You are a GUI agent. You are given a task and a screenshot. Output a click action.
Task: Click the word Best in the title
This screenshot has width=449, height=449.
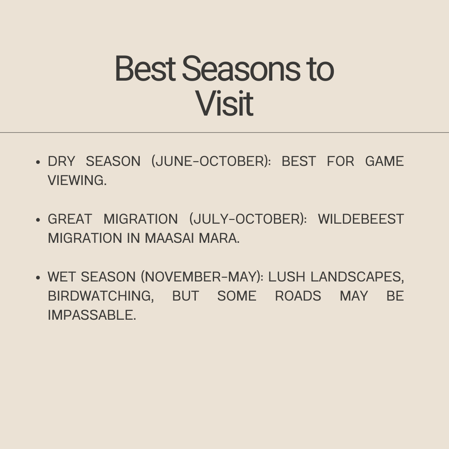[145, 69]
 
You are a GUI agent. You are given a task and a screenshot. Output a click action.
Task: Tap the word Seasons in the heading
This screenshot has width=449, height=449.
[241, 69]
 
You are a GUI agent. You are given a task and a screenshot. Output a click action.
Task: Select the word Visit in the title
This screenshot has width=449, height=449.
[224, 103]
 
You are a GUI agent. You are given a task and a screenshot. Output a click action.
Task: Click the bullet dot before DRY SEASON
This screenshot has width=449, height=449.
[38, 162]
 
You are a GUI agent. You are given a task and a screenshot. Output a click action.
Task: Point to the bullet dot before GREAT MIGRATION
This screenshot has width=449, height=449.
[38, 220]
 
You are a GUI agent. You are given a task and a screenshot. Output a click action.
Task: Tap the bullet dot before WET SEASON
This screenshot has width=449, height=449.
[38, 277]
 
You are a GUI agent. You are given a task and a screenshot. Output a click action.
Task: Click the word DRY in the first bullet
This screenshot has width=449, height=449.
[61, 161]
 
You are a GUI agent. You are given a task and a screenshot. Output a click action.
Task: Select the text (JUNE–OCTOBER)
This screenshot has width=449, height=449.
[211, 161]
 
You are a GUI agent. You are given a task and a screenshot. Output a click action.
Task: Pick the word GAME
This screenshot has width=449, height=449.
[384, 161]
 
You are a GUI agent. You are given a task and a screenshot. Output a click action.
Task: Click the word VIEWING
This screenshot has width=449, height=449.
[77, 180]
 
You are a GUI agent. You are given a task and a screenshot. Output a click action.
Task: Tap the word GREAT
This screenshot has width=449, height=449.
[70, 219]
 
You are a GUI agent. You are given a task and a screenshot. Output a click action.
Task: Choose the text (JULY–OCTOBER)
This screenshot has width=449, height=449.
[248, 219]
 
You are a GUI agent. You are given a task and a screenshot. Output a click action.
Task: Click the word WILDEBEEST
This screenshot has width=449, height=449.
[361, 219]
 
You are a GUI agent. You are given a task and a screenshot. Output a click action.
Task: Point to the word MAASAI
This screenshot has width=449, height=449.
[169, 238]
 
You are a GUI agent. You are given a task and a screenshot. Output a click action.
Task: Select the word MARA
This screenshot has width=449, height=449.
[219, 238]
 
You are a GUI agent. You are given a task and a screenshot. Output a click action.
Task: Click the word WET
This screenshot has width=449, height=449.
[62, 277]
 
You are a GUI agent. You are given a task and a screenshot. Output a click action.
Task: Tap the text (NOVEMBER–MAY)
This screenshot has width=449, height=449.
[202, 277]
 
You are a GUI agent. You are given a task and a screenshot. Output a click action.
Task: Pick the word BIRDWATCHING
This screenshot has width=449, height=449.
[101, 296]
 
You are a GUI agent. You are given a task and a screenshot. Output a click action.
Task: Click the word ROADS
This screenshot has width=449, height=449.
[298, 296]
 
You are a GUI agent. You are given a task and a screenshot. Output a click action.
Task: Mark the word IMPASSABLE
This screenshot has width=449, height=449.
[91, 315]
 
